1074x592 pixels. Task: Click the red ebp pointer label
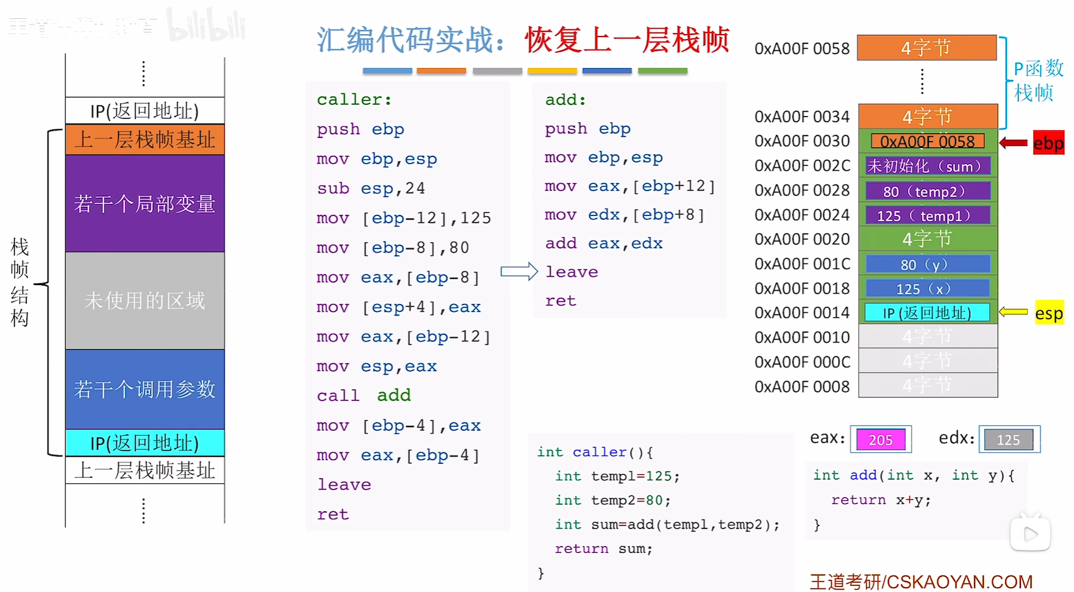click(x=1048, y=143)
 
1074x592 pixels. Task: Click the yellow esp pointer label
click(x=1048, y=314)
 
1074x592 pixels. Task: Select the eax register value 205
click(x=881, y=440)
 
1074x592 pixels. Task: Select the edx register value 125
click(x=1008, y=440)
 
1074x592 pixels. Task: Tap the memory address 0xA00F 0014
click(x=801, y=313)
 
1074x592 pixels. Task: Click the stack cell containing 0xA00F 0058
click(x=927, y=142)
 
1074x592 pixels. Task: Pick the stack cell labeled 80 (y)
click(x=927, y=264)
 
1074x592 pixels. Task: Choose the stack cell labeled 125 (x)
click(x=927, y=289)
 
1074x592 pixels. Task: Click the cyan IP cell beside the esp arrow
click(x=927, y=313)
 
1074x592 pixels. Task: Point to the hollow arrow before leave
click(x=519, y=272)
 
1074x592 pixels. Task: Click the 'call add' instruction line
click(x=363, y=395)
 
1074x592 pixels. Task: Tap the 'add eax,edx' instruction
click(x=603, y=244)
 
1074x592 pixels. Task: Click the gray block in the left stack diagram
click(x=145, y=300)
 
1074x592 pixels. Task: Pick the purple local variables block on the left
click(x=145, y=203)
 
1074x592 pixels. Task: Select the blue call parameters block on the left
click(x=145, y=389)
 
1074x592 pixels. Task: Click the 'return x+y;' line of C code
click(x=881, y=500)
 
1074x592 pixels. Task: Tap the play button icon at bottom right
click(x=1030, y=535)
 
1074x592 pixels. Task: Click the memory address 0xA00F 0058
click(x=801, y=49)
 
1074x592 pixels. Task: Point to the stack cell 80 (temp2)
click(x=927, y=191)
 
